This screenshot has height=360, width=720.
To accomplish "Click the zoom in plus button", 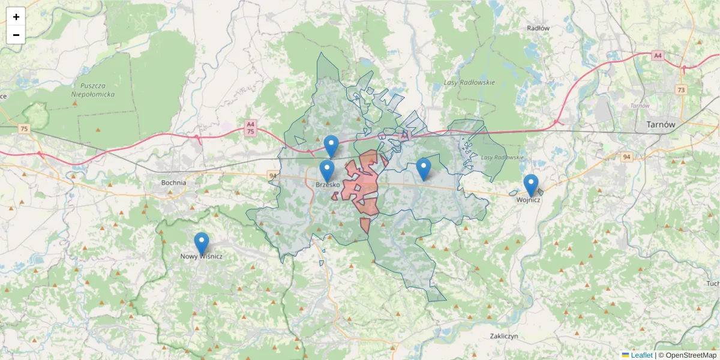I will coord(16,17).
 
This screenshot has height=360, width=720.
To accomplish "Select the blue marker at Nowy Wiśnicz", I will coord(202,244).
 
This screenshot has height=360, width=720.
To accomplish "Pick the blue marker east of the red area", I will coord(424,169).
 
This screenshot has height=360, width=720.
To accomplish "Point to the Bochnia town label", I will coord(173,182).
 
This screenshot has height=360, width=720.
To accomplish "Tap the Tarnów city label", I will coord(661,124).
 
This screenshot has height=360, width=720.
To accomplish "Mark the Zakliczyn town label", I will coord(503,336).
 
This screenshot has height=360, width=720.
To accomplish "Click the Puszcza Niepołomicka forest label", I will coord(92,90).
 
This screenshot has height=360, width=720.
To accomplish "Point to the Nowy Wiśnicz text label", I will coord(202,256).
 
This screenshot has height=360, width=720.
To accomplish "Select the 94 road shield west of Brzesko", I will coord(274,176).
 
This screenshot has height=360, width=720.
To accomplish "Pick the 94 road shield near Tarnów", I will coord(627,157).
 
